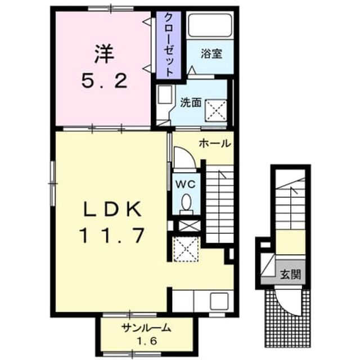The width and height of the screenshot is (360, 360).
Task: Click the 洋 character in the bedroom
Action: (x=104, y=54)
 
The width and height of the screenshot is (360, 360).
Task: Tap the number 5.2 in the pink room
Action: (x=104, y=82)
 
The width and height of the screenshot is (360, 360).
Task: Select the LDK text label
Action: (x=112, y=209)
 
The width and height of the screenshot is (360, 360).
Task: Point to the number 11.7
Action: (x=112, y=235)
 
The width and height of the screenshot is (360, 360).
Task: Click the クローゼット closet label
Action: (x=169, y=44)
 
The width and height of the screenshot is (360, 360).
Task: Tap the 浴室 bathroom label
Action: (x=211, y=53)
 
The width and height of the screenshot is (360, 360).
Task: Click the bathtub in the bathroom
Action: (x=210, y=25)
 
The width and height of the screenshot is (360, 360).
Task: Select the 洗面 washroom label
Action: (x=191, y=102)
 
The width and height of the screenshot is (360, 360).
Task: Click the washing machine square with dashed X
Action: (x=216, y=110)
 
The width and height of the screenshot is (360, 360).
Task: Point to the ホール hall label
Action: (x=215, y=144)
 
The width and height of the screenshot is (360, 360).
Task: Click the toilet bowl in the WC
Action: (x=186, y=202)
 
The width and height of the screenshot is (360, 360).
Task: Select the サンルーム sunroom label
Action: (x=147, y=328)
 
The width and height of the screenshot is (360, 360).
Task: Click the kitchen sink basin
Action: (x=219, y=301)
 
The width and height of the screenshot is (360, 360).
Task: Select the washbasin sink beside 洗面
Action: (x=165, y=94)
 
